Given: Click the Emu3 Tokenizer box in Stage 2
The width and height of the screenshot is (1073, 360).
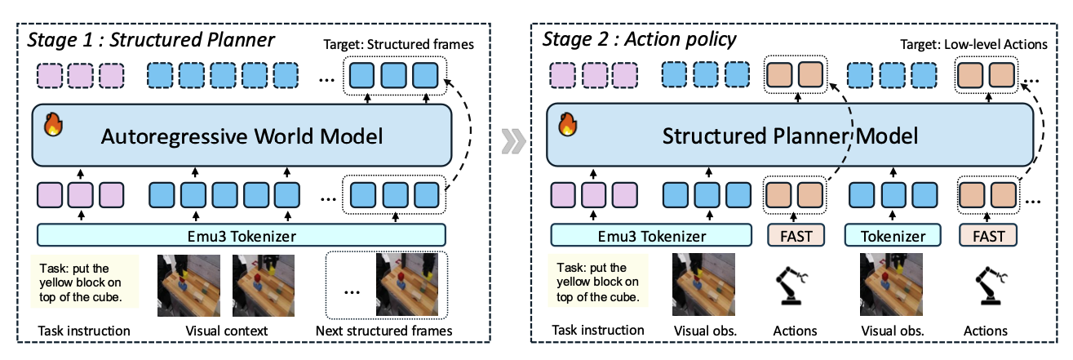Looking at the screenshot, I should [650, 236].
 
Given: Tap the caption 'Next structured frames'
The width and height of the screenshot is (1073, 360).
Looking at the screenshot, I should [384, 331].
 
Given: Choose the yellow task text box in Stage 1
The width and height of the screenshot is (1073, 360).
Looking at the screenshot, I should [84, 281].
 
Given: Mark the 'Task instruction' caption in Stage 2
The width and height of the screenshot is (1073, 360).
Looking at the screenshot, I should [598, 331].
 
